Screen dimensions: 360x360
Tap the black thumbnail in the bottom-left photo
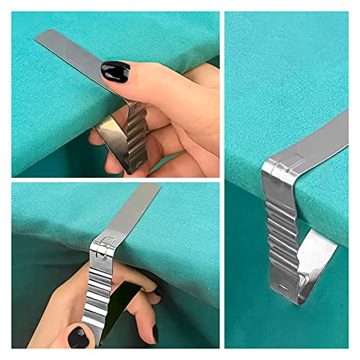78,336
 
